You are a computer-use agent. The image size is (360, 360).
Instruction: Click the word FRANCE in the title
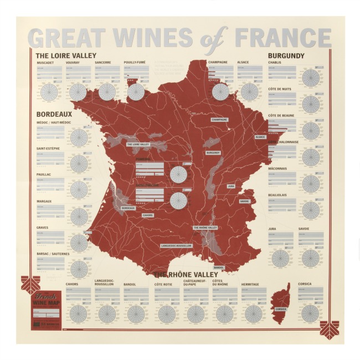pos(283,38)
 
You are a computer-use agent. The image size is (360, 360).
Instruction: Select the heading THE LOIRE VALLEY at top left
pos(66,56)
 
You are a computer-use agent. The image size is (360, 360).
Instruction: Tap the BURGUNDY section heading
pos(286,56)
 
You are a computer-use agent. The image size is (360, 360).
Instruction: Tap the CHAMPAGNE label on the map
pos(219,120)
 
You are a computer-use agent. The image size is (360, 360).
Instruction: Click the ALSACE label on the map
pos(260,137)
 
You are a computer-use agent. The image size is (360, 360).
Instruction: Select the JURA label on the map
pos(231,187)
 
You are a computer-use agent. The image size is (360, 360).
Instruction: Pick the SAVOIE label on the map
pos(244,201)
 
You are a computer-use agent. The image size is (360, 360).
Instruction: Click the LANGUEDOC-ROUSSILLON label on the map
pos(176,245)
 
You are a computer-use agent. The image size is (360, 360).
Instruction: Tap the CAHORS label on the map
pos(147,215)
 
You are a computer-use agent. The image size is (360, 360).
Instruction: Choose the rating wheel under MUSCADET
pos(49,91)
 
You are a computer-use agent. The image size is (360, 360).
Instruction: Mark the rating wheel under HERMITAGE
pos(253,314)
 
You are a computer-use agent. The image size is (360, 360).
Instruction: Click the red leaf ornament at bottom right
pos(329,330)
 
